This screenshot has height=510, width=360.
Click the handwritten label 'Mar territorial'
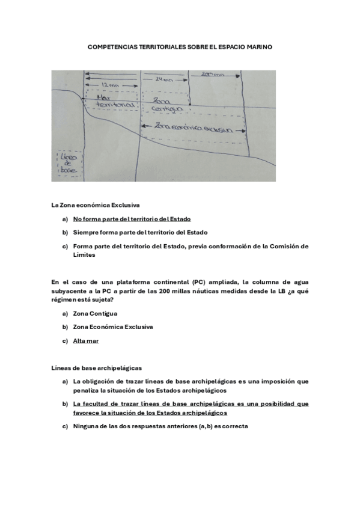point(109,100)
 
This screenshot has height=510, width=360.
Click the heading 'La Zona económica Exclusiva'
point(96,206)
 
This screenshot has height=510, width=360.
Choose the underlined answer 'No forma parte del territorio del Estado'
point(132,219)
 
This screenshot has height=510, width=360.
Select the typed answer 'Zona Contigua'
point(95,313)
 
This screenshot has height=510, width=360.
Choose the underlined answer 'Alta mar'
point(86,340)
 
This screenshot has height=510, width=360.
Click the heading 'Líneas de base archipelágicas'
point(97,367)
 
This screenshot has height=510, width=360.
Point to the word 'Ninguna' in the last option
point(85,426)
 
